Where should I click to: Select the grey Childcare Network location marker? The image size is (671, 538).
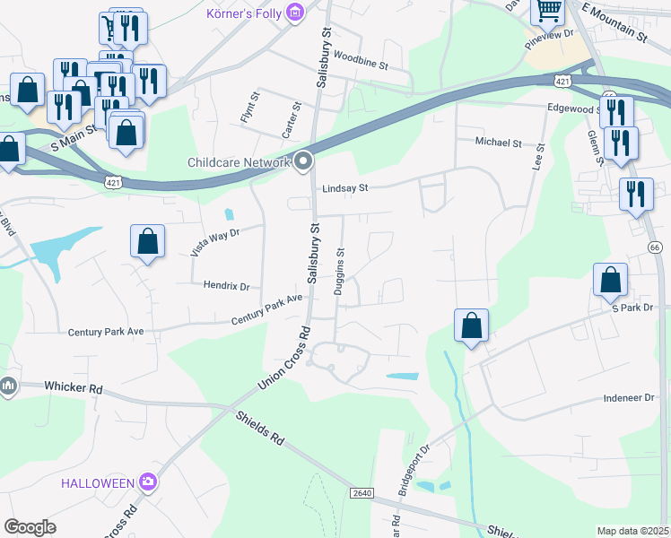tap(303, 161)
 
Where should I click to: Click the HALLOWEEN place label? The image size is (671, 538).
tap(97, 483)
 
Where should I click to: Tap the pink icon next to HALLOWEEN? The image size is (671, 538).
tap(148, 483)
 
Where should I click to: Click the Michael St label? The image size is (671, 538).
tap(498, 143)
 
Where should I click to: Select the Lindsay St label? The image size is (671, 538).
tap(345, 188)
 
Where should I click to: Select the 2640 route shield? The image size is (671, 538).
tap(362, 493)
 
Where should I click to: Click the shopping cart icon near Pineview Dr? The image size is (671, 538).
tap(547, 11)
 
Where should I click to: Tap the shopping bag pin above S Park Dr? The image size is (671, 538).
tap(610, 280)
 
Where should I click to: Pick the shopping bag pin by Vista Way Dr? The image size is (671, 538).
tap(147, 241)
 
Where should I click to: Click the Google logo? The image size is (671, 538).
tap(30, 527)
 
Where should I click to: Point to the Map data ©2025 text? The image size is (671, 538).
tap(632, 531)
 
